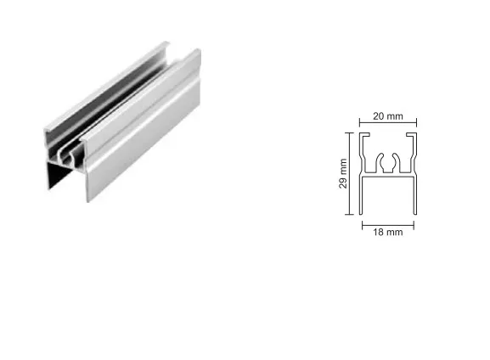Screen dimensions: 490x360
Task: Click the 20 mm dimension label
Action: tap(388, 116)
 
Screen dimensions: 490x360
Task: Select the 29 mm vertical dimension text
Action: tap(343, 173)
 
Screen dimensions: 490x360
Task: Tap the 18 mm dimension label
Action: tap(388, 232)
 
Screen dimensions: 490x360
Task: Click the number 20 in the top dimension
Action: tap(379, 116)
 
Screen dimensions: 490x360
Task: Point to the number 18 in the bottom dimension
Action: tap(379, 232)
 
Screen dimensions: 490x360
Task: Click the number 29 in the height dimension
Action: tap(343, 183)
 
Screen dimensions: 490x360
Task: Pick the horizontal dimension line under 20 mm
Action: tap(388, 123)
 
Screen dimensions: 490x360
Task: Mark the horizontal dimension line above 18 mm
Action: tap(388, 225)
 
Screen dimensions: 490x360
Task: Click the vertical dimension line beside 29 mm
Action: tap(349, 174)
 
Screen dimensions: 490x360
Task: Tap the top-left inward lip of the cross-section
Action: tap(365, 135)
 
